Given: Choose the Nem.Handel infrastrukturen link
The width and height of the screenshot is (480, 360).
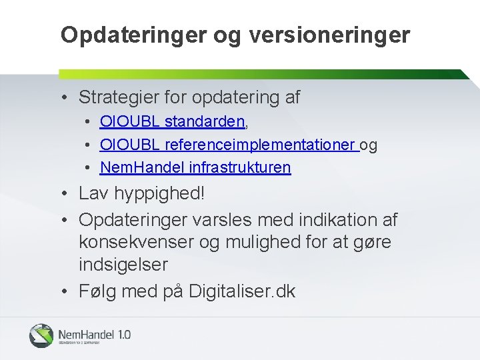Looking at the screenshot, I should point(195,167).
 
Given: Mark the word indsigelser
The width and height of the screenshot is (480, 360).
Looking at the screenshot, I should point(123,264).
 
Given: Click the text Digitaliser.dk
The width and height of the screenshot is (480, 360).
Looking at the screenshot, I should point(242,291).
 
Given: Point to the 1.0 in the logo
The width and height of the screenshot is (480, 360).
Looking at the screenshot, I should point(123,334).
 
